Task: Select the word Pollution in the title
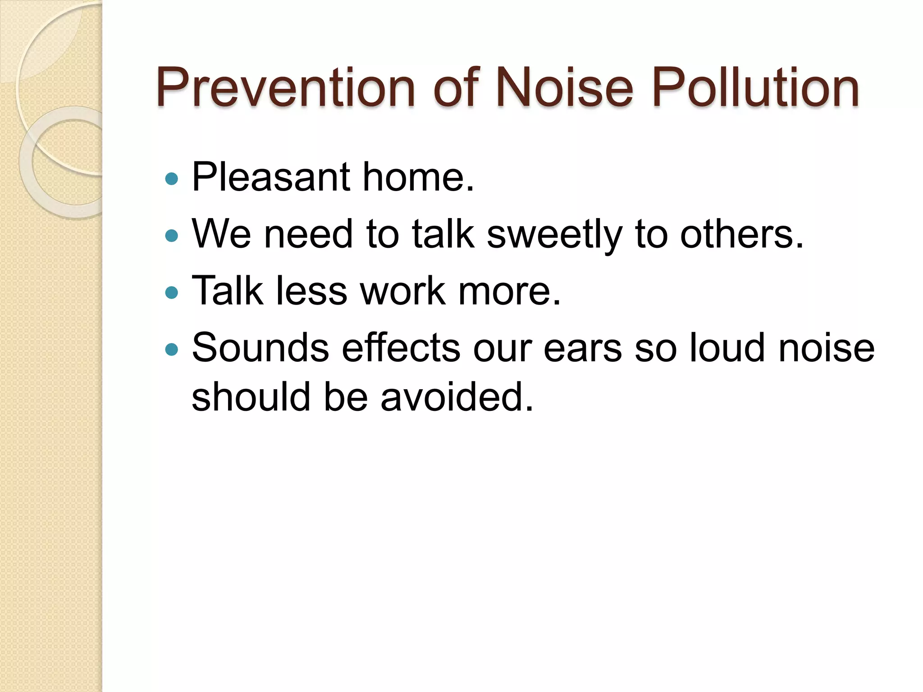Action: [755, 87]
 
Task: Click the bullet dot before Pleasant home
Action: [172, 179]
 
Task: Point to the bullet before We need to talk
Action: [172, 235]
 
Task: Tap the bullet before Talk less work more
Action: [172, 293]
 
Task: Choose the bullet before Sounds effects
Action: [172, 349]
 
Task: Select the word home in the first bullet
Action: [418, 177]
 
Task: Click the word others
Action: [741, 234]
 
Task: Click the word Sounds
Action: [260, 348]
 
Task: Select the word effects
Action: [401, 348]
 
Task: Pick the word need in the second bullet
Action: [308, 234]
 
